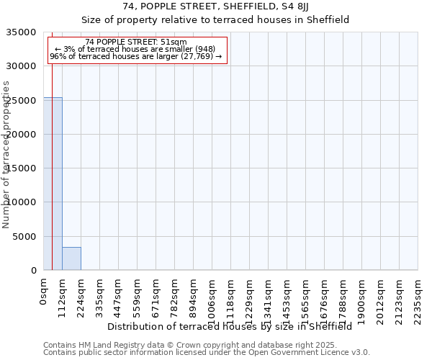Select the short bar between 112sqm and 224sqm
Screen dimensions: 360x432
point(71,258)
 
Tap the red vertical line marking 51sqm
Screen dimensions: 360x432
point(52,180)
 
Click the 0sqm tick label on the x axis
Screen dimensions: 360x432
point(43,291)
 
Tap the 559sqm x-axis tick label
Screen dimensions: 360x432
point(137,295)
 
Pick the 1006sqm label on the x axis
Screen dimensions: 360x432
point(212,297)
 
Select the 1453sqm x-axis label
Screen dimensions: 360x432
point(287,297)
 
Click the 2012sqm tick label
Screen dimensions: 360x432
point(380,297)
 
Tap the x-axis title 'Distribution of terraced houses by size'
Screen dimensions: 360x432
point(230,326)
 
